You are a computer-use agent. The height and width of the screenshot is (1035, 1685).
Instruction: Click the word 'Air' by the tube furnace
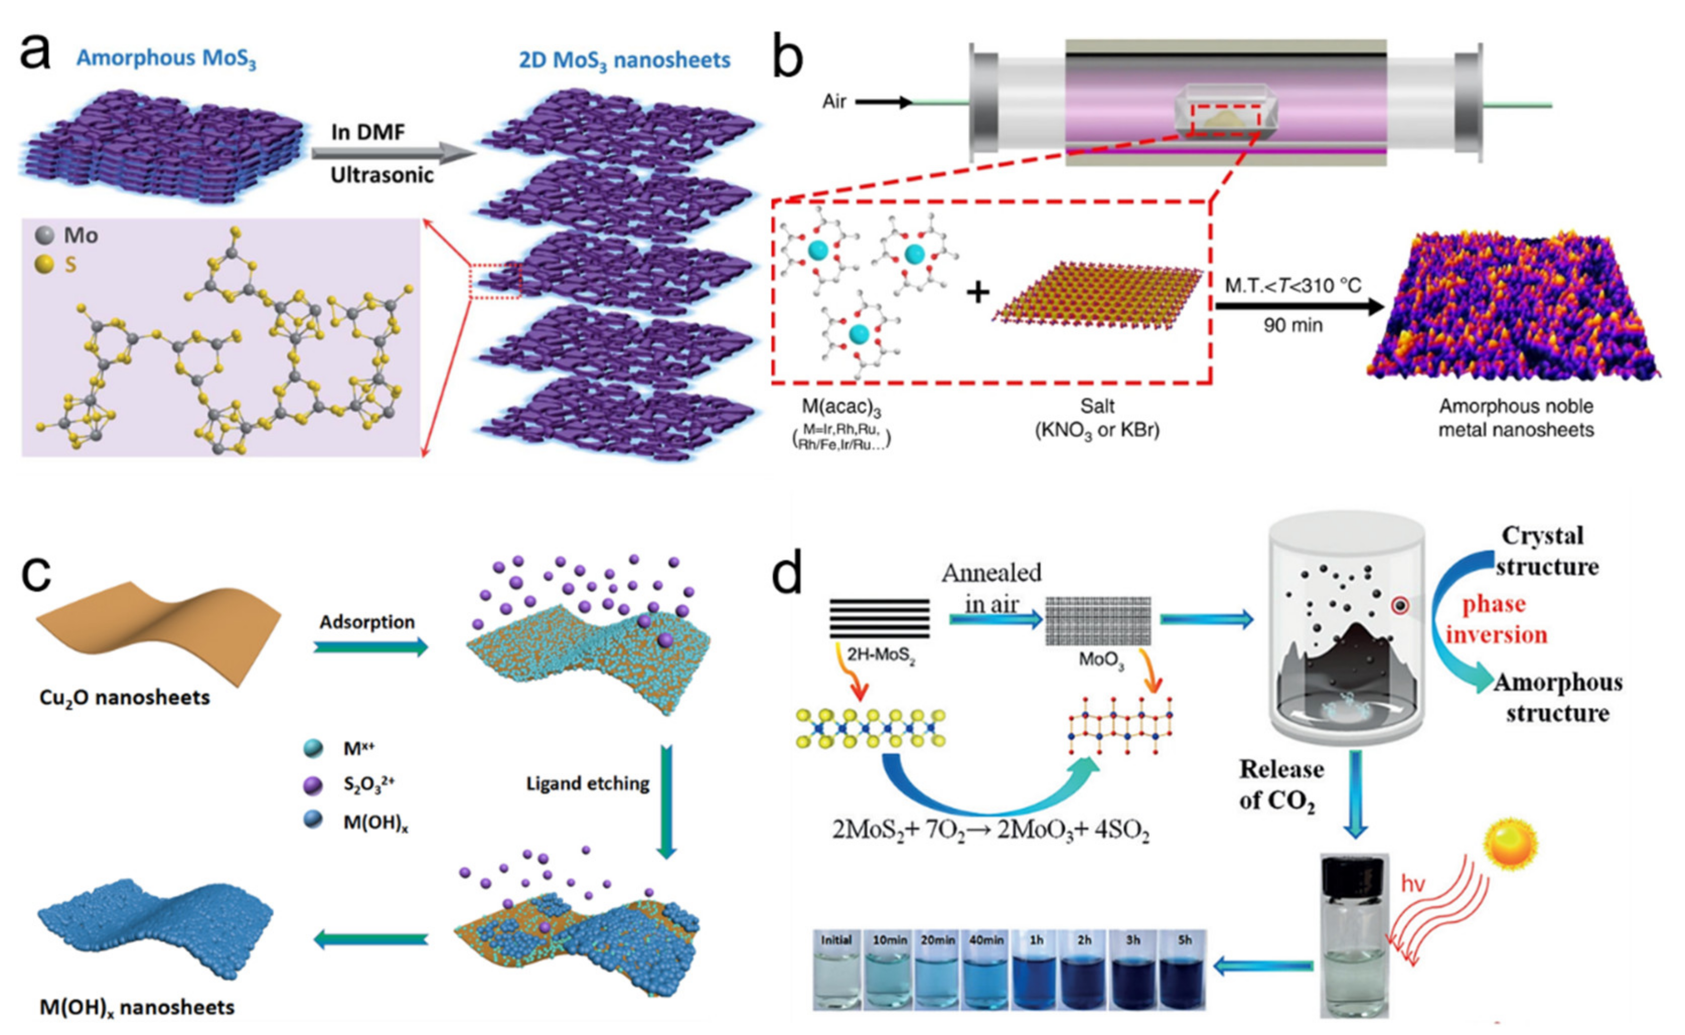(833, 102)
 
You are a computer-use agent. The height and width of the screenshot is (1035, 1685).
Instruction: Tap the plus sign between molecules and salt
(978, 293)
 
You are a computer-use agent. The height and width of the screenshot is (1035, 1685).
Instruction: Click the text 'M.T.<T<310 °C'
(1293, 285)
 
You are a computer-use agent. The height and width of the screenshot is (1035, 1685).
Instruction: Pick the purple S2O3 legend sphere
(313, 785)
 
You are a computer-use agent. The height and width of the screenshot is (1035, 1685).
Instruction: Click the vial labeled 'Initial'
(837, 970)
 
